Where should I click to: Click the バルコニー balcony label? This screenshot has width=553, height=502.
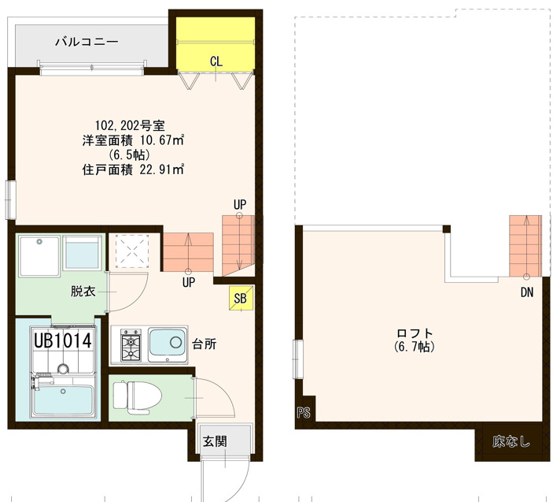click(87, 42)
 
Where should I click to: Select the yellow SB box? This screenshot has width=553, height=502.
click(241, 297)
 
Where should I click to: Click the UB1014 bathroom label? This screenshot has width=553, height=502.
click(63, 340)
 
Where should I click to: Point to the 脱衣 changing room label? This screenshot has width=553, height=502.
click(83, 291)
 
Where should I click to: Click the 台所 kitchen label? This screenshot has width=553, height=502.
click(204, 344)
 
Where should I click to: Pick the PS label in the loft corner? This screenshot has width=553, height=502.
click(304, 412)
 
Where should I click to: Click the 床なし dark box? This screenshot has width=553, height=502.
click(511, 442)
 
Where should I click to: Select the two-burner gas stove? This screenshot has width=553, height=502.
click(130, 345)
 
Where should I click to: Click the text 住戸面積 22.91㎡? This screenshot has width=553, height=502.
click(133, 169)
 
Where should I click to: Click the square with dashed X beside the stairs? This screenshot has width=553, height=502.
click(132, 251)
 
